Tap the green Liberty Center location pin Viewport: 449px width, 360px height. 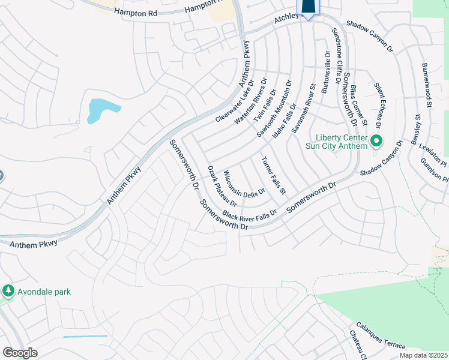376,142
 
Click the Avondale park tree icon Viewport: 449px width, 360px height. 8,292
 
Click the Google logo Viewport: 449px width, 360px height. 20,353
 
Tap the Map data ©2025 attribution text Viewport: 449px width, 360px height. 424,355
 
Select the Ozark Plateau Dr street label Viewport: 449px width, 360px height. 223,187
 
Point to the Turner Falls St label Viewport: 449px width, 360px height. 273,176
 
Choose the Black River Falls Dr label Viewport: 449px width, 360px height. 249,214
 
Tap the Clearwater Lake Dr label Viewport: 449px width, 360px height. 235,101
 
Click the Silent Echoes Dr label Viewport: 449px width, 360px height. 378,106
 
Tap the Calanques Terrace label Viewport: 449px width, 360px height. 381,336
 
